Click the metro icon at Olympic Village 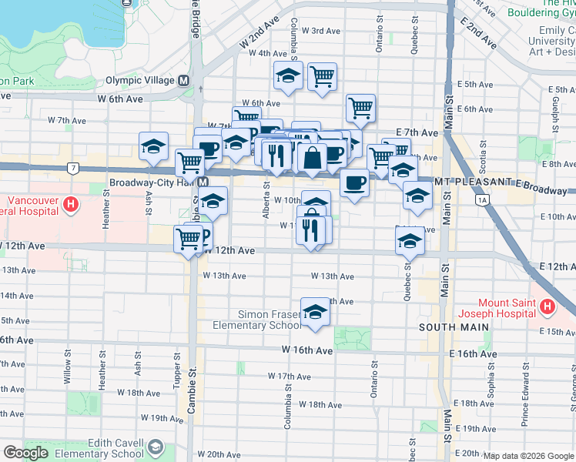[x=183, y=80]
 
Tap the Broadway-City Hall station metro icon [x=203, y=182]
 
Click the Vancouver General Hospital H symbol [x=71, y=205]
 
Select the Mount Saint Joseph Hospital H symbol [x=548, y=307]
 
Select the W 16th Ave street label [x=306, y=350]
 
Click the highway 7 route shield [x=72, y=167]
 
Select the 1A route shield [x=483, y=201]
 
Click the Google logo [x=25, y=452]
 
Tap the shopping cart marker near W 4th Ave [x=322, y=75]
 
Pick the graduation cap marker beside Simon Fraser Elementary [x=315, y=312]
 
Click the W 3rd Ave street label [x=321, y=31]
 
